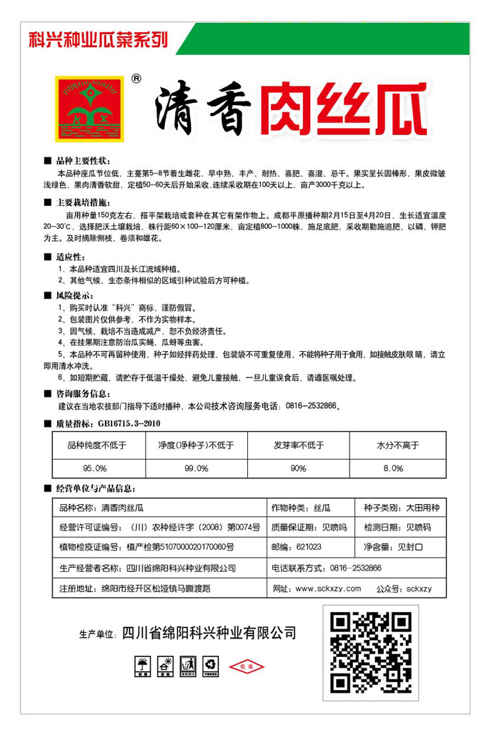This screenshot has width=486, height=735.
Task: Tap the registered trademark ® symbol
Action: [137, 79]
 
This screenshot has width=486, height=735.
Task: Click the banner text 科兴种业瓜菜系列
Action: [98, 40]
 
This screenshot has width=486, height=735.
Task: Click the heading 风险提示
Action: [74, 295]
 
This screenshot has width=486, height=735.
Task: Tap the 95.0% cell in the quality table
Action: [94, 468]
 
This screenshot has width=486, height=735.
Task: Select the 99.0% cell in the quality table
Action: [196, 468]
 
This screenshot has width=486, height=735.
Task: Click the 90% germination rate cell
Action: [298, 468]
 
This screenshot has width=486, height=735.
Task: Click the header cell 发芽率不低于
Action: [298, 445]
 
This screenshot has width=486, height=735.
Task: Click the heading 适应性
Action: [69, 257]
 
